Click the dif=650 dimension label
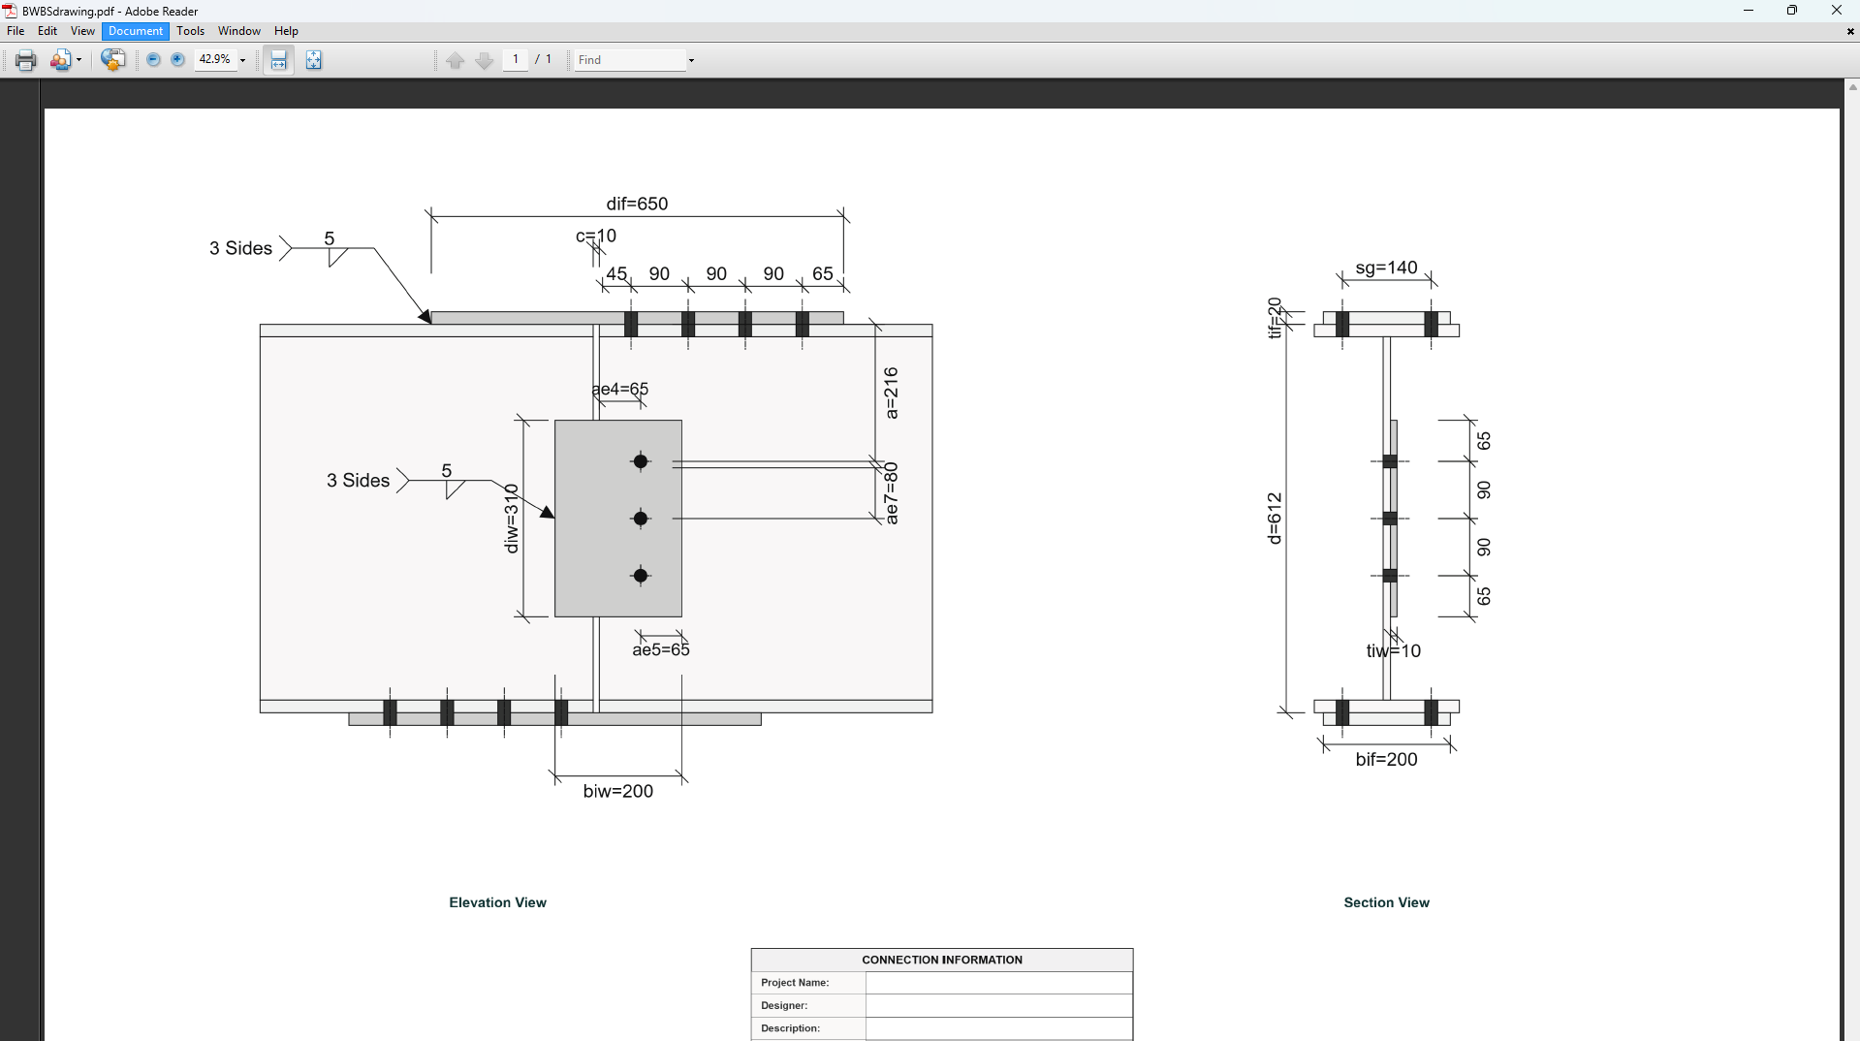pos(637,204)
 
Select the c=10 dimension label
pos(596,236)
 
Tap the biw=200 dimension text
pos(617,791)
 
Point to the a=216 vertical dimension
pos(891,393)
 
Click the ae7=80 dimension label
pos(891,493)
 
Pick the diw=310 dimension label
pos(512,519)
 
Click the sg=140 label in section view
pos(1386,268)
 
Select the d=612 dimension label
pos(1275,519)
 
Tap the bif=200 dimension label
pos(1386,759)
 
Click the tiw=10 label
pos(1393,650)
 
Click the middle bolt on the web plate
pos(641,519)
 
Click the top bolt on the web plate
pos(641,461)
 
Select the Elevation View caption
pos(497,902)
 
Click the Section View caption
pos(1386,902)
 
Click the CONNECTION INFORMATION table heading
pos(941,960)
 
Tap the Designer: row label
pos(784,1005)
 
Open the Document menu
pos(135,31)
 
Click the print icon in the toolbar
pos(26,60)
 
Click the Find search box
pos(630,60)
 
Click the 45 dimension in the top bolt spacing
pos(616,273)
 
